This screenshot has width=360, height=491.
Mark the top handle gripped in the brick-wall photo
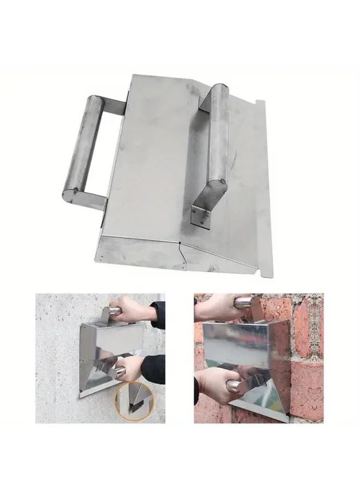243,302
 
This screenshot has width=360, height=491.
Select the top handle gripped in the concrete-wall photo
112,311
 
